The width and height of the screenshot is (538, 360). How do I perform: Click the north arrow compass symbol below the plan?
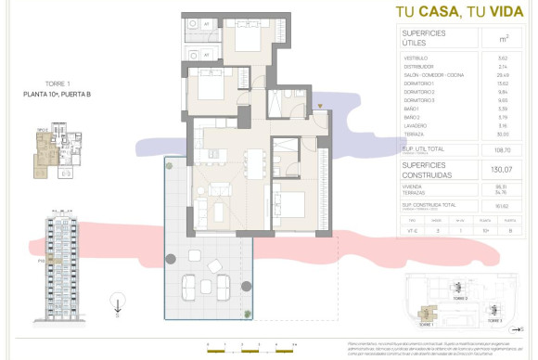(x=117, y=302)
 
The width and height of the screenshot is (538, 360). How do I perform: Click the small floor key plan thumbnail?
(x=55, y=153)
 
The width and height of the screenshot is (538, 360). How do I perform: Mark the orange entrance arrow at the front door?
(x=320, y=109)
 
